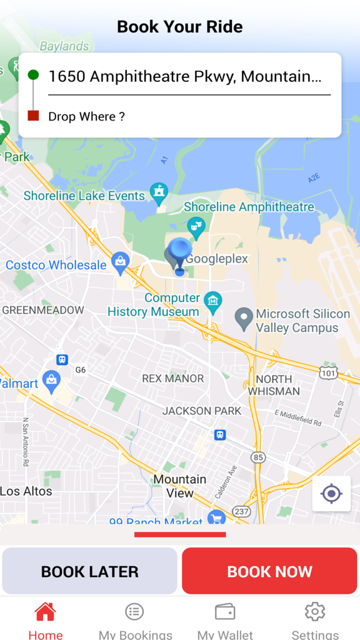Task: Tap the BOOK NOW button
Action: [x=269, y=571]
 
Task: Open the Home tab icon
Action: [x=45, y=612]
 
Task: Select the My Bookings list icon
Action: [x=134, y=611]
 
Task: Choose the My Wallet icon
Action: [x=224, y=611]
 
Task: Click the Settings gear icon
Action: [x=314, y=611]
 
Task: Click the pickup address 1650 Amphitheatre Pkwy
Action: [x=184, y=76]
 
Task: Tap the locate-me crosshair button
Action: [x=331, y=494]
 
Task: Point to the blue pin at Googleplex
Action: [x=180, y=253]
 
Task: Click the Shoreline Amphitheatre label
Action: [x=249, y=207]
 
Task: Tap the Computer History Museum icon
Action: [x=213, y=302]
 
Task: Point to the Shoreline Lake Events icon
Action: [x=159, y=194]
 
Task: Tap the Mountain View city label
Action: [x=179, y=486]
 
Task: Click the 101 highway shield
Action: [x=329, y=373]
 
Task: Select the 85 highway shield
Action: [x=258, y=457]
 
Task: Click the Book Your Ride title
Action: [x=180, y=27]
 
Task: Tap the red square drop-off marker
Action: [x=33, y=116]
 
